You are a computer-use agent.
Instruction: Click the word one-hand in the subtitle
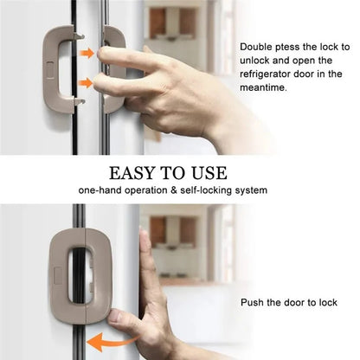(101, 190)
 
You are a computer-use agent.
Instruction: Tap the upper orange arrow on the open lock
(87, 54)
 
